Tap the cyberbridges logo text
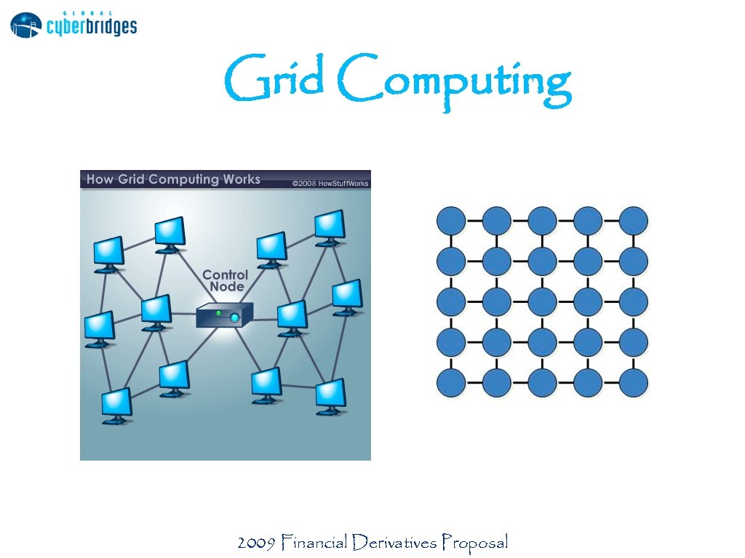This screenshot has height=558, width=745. click(x=92, y=27)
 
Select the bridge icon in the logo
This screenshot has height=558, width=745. click(x=26, y=25)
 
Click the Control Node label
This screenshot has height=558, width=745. click(x=225, y=280)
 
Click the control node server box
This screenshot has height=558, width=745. click(x=225, y=315)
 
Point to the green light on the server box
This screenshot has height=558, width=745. click(x=218, y=313)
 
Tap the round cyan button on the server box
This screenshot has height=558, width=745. click(x=234, y=318)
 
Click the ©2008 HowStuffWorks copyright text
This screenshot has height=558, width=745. click(x=330, y=183)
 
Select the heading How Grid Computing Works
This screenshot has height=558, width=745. click(x=173, y=179)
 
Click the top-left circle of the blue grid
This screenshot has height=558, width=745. click(x=451, y=220)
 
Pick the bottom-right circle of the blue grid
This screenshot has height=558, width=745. click(x=633, y=383)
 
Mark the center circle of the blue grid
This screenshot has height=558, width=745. click(x=542, y=302)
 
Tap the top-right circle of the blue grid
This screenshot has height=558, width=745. click(x=633, y=220)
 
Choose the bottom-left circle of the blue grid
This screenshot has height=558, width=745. click(x=451, y=383)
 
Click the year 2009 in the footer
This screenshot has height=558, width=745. click(x=256, y=542)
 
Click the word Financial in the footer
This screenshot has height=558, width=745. click(x=314, y=542)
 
